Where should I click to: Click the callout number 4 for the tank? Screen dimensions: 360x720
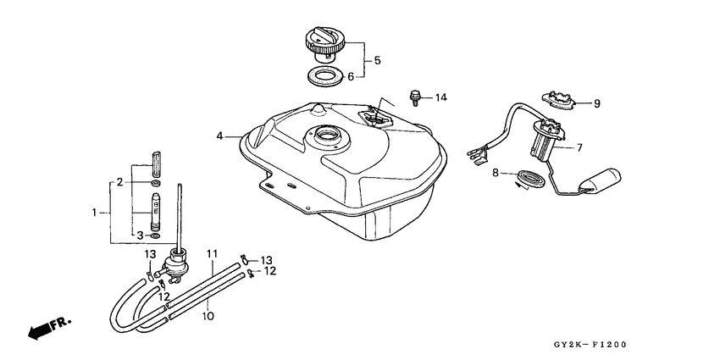tap(219, 136)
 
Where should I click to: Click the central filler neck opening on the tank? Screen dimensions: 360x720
tap(328, 136)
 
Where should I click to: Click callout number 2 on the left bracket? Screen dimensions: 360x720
tap(120, 182)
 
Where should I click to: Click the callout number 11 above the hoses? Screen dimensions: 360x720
tap(212, 253)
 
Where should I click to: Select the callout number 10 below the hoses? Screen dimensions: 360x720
tap(208, 316)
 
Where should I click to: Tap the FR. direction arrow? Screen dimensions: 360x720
tap(49, 328)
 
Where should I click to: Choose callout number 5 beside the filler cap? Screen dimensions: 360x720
tap(377, 60)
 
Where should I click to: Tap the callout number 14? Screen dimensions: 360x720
tap(440, 97)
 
